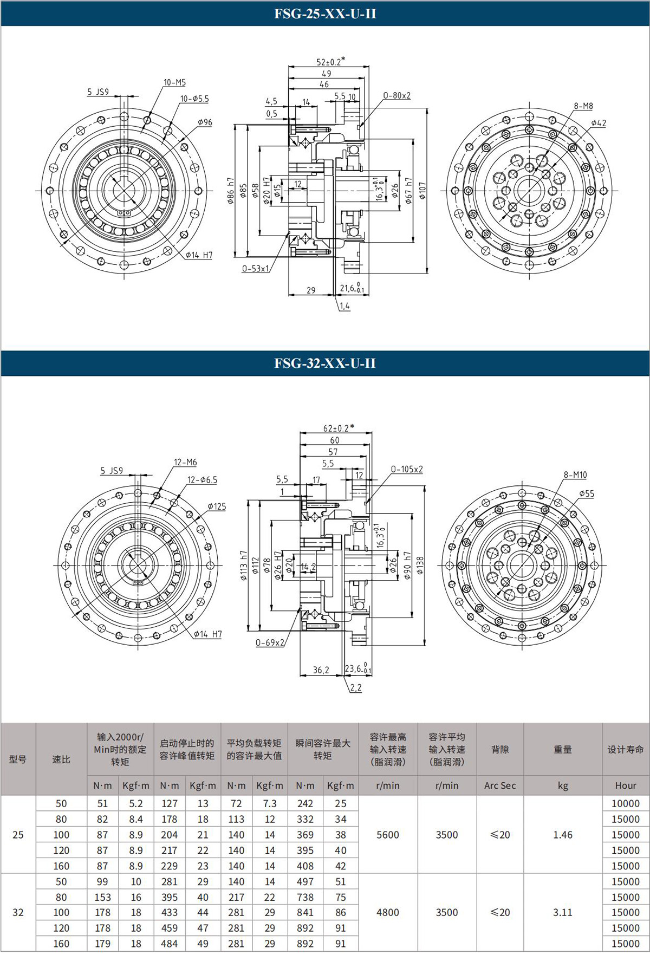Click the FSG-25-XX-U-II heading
point(324,14)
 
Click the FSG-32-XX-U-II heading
point(324,363)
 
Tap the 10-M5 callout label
point(174,82)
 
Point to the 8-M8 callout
point(583,106)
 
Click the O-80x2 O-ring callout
point(396,95)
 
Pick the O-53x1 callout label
point(255,268)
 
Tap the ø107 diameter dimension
point(422,190)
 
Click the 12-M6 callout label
point(185,462)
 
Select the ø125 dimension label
point(217,506)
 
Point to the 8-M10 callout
point(575,475)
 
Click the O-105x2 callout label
point(407,469)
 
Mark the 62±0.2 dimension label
point(339,427)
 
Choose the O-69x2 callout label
point(270,642)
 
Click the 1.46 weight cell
point(563,835)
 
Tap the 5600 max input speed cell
point(388,835)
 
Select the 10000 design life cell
point(626,803)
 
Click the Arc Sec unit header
point(500,785)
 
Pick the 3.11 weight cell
point(563,912)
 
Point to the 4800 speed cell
point(388,912)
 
